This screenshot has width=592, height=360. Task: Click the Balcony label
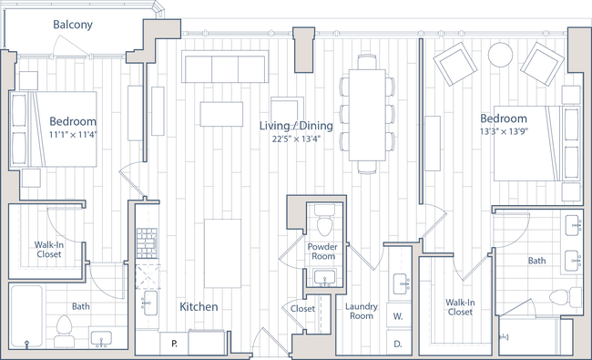pos(73,26)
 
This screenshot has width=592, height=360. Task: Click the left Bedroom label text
pos(73,121)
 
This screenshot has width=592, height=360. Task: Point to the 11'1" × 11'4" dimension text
pos(73,134)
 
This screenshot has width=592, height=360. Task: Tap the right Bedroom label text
pos(504,119)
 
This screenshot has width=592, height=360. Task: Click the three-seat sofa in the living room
pos(224,67)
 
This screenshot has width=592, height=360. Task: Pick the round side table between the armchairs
pos(500,56)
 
